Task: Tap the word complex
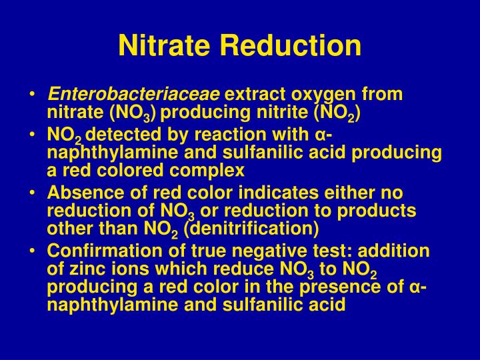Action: pyautogui.click(x=211, y=170)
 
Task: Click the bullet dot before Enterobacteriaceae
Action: pyautogui.click(x=33, y=95)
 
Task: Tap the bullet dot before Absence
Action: pyautogui.click(x=33, y=195)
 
